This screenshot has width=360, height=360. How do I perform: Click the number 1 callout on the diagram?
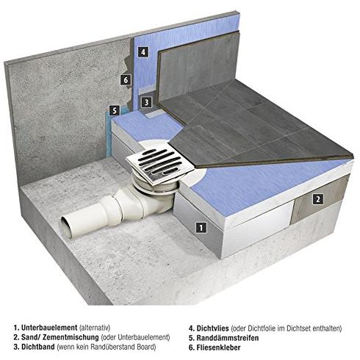click(201, 228)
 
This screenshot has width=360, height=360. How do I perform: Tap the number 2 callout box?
click(318, 199)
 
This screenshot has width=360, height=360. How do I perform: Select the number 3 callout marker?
click(146, 102)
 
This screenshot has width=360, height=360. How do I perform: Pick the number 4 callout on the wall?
click(143, 51)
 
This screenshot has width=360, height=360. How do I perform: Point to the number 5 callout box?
click(115, 111)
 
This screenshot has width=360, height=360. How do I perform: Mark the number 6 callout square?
click(126, 80)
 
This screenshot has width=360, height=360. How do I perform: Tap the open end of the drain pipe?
click(66, 227)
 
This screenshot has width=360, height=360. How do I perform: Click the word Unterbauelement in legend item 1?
click(49, 328)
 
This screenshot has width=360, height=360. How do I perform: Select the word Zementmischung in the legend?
click(71, 337)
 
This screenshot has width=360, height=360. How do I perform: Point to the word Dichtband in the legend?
click(38, 347)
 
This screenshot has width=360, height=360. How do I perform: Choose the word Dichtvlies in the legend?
click(213, 328)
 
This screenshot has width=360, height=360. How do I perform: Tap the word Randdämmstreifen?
click(228, 338)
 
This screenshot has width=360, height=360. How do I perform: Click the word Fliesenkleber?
click(218, 348)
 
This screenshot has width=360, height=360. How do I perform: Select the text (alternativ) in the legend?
click(95, 328)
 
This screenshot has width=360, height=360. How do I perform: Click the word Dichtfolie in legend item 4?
click(261, 328)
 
